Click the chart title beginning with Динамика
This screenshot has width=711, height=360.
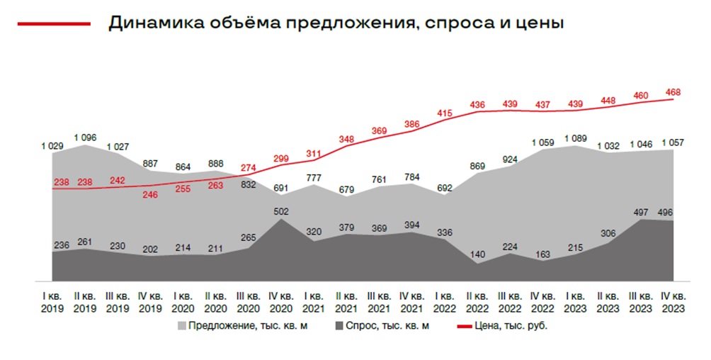click(336, 23)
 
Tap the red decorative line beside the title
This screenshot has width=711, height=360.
click(54, 23)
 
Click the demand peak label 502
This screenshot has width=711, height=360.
click(281, 210)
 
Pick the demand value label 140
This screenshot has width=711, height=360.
click(477, 254)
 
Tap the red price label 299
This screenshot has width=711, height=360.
click(281, 159)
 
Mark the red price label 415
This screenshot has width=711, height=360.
click(445, 113)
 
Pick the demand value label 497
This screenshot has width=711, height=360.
click(640, 212)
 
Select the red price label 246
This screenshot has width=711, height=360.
click(150, 195)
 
